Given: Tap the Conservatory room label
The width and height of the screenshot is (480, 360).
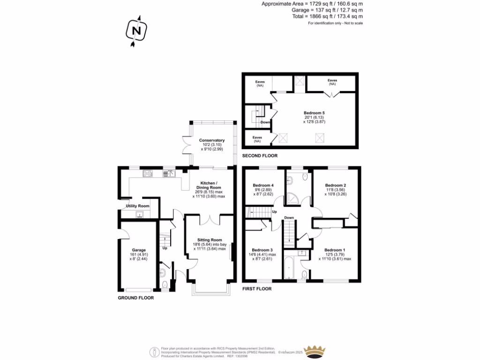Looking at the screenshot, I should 211,140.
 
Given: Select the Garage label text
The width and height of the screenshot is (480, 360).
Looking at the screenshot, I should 139,250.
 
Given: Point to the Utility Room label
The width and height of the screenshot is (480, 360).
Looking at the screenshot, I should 137,206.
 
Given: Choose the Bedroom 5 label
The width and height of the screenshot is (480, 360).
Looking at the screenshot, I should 314,112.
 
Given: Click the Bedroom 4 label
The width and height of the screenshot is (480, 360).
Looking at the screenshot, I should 262,185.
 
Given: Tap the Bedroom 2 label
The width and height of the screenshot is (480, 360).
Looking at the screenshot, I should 336,185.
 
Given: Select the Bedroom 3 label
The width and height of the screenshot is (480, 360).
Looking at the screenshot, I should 262,250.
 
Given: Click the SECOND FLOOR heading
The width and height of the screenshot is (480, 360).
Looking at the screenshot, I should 260,156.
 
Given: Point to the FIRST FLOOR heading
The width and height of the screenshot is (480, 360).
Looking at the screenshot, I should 257,289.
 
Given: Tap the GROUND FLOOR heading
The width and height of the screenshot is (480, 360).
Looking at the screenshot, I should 136,298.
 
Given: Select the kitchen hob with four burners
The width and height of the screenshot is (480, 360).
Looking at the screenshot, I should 148,173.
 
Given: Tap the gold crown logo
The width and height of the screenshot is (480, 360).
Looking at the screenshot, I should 315,350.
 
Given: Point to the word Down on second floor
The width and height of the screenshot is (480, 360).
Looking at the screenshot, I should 265,122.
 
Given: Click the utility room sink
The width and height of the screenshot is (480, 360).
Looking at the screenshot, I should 139,215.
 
